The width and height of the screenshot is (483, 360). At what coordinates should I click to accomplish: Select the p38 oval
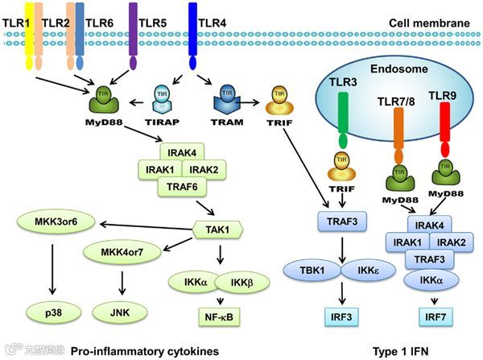click(52, 308)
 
